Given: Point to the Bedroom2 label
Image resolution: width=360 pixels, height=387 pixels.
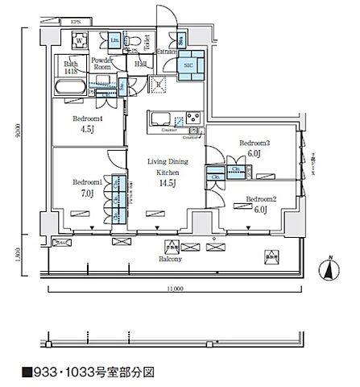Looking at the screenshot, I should click(261, 198).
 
